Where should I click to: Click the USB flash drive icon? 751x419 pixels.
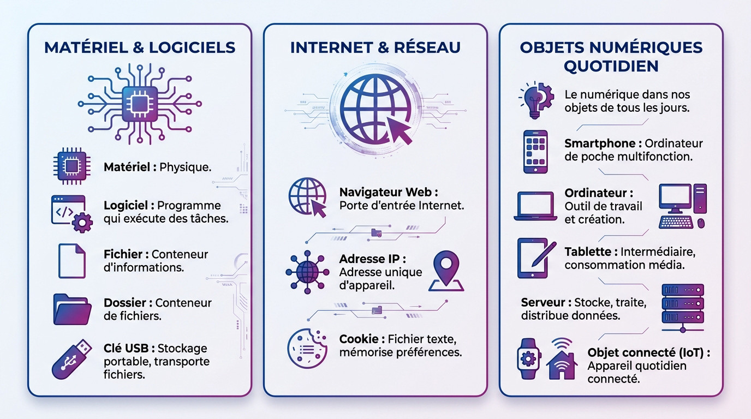tap(71, 360)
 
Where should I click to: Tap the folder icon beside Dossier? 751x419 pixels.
tap(72, 309)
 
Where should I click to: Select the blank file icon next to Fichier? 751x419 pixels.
tap(71, 261)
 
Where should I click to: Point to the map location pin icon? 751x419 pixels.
tap(446, 271)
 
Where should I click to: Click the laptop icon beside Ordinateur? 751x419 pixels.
tap(535, 206)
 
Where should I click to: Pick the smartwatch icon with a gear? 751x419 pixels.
tap(528, 358)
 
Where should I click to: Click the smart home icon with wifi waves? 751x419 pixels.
tap(562, 360)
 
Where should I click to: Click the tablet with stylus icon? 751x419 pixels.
tap(536, 258)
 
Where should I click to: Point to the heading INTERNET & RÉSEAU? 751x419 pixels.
tap(375, 47)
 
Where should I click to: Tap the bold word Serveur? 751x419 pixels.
tap(543, 302)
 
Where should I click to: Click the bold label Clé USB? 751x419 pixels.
tap(126, 348)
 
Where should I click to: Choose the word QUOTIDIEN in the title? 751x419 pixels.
tap(611, 66)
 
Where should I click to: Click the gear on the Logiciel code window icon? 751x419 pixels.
tap(82, 222)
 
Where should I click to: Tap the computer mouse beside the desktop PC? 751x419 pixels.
tap(701, 223)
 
